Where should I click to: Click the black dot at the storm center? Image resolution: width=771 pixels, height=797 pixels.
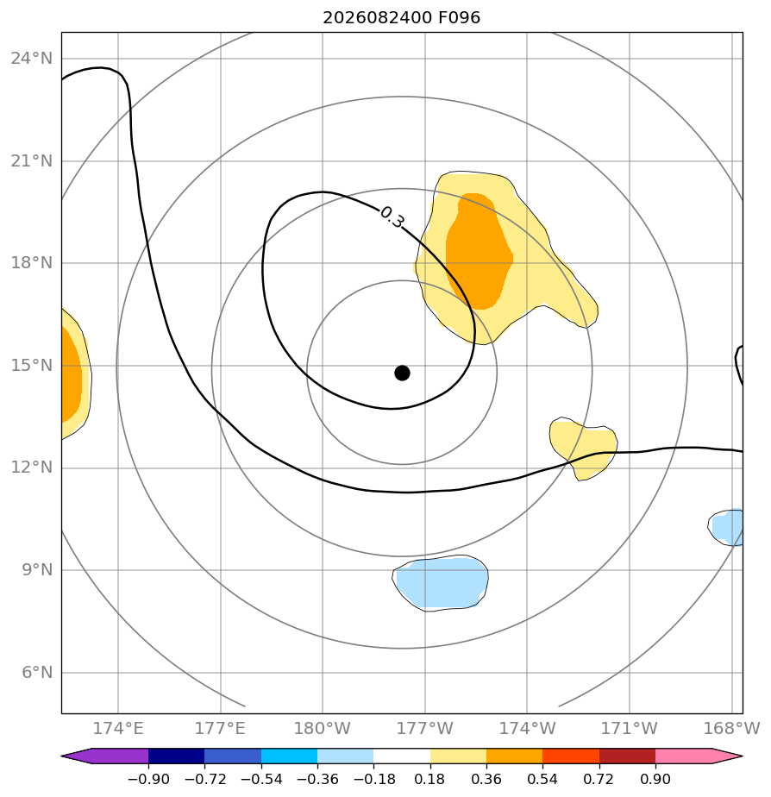click(402, 373)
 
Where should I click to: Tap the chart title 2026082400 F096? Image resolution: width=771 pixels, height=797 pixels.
click(402, 18)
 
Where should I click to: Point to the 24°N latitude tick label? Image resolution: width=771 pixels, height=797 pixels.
click(32, 59)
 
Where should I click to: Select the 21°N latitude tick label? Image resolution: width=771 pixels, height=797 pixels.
click(32, 161)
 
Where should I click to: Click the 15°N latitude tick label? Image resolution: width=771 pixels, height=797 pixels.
click(32, 366)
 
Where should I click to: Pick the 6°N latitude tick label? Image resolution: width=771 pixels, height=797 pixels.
click(37, 673)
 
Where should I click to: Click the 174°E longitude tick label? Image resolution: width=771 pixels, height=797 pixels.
click(118, 729)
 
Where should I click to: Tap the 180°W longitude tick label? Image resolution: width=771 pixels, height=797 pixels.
click(323, 729)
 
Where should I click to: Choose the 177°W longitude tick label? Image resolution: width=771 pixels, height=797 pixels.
click(425, 729)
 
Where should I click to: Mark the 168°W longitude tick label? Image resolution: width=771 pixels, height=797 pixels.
click(731, 729)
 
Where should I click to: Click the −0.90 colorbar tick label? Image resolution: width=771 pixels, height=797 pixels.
click(148, 779)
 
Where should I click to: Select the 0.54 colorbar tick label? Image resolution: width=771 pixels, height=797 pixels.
click(542, 779)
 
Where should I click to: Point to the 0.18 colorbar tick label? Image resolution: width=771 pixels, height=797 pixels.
click(429, 779)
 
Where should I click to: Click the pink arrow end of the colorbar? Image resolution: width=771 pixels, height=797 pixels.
click(699, 756)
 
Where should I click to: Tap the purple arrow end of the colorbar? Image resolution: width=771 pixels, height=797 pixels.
click(104, 756)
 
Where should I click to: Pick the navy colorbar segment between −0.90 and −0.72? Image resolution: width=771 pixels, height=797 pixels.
click(176, 756)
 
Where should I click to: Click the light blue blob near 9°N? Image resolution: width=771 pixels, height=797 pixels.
click(440, 583)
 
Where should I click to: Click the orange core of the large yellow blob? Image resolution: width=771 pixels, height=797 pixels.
click(479, 252)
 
